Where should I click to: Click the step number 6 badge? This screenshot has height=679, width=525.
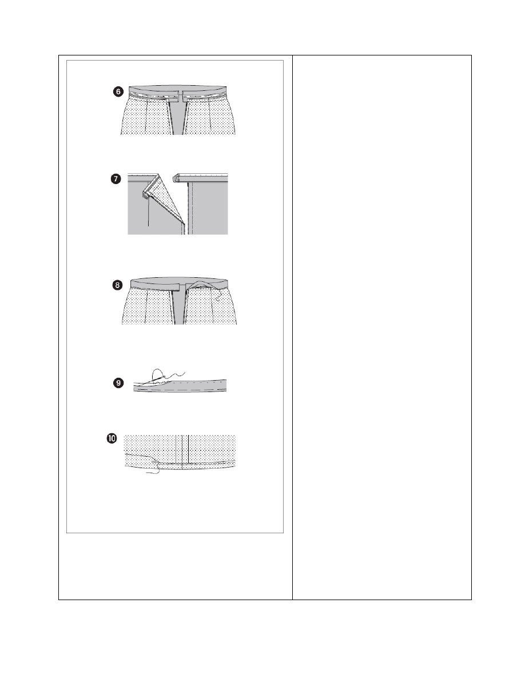click(x=118, y=92)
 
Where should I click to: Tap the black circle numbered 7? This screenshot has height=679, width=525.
click(x=116, y=179)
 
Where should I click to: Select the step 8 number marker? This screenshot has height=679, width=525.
click(x=117, y=285)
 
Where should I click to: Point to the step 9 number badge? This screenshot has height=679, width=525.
click(x=118, y=383)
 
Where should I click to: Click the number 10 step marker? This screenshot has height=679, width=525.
click(x=112, y=438)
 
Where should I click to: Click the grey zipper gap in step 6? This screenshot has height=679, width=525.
click(x=176, y=117)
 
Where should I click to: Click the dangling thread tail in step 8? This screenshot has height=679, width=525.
click(x=219, y=295)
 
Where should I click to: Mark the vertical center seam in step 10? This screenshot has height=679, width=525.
click(x=188, y=449)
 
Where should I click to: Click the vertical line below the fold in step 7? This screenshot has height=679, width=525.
click(x=149, y=212)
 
